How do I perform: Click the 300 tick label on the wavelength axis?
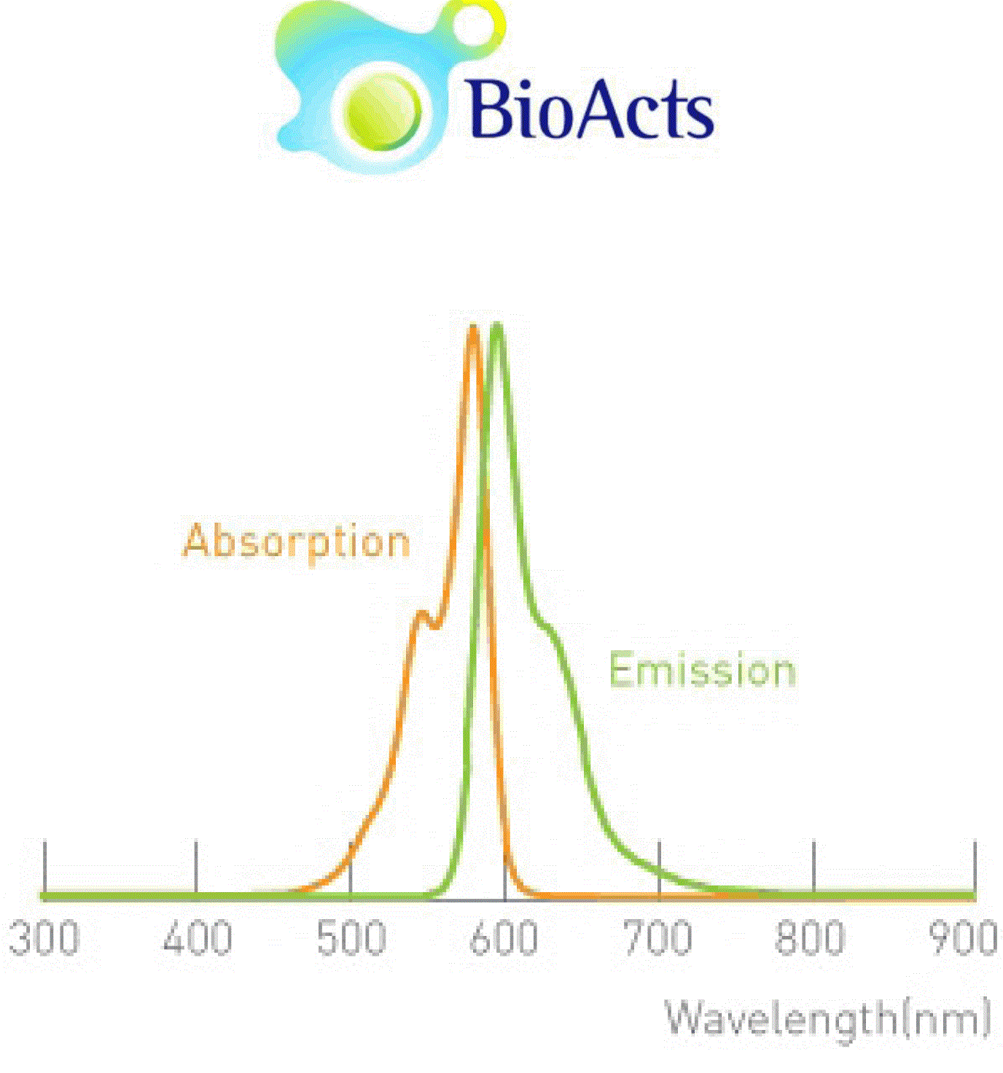[x=44, y=937]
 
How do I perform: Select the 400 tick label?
[x=198, y=937]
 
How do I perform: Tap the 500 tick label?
[x=351, y=937]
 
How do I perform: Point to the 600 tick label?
[x=504, y=937]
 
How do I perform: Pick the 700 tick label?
[x=658, y=937]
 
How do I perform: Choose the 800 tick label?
[x=810, y=937]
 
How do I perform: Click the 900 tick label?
[x=963, y=937]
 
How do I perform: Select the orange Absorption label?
[x=296, y=542]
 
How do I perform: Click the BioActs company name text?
[x=591, y=108]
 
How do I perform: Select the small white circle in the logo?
[x=473, y=25]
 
